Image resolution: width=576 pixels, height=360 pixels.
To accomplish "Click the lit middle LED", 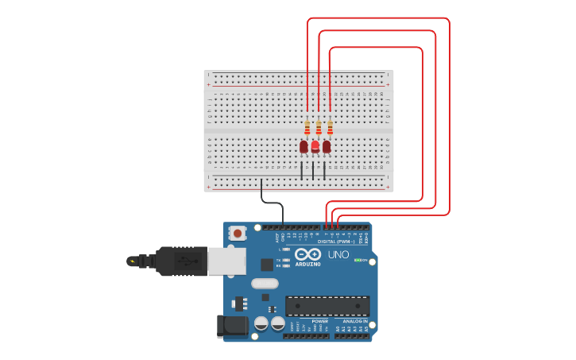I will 315,146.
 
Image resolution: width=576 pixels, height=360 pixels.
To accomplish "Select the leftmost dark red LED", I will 303,146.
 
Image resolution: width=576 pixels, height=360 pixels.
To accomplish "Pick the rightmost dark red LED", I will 327,146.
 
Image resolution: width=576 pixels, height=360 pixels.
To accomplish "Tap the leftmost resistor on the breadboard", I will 307,127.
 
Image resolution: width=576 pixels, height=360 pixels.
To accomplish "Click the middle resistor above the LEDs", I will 319,127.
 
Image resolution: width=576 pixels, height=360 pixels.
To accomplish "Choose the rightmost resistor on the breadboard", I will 330,127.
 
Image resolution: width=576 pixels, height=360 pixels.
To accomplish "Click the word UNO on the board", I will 338,254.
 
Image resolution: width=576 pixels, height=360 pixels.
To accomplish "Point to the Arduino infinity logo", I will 307,254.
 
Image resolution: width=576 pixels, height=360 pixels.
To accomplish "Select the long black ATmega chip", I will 327,305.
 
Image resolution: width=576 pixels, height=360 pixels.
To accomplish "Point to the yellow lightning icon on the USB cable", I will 131,260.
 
